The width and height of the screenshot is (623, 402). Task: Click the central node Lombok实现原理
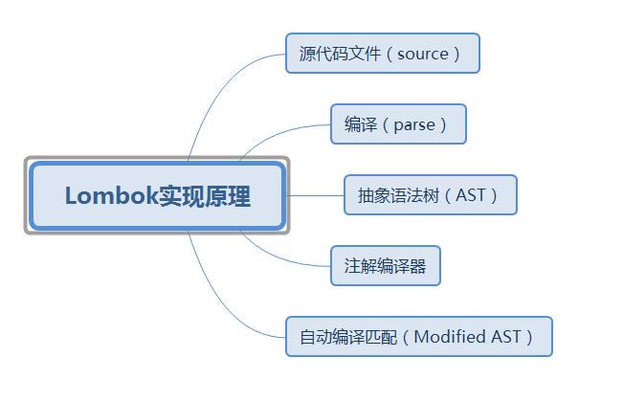tap(157, 196)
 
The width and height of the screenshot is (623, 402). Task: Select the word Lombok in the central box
tap(111, 196)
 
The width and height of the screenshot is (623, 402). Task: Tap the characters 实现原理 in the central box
tap(205, 196)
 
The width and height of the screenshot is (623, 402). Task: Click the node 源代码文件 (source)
tap(382, 54)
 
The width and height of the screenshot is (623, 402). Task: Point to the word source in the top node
tap(422, 54)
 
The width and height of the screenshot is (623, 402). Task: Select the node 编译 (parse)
tap(398, 124)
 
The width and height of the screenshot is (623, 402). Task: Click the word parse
tap(413, 124)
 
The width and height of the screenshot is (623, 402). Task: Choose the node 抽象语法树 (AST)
tap(430, 195)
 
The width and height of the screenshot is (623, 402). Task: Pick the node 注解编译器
tap(386, 266)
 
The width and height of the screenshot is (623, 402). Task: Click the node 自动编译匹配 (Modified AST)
tap(419, 337)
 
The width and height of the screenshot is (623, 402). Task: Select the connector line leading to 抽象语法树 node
tap(316, 195)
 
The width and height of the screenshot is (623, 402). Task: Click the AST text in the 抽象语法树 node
tap(471, 195)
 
